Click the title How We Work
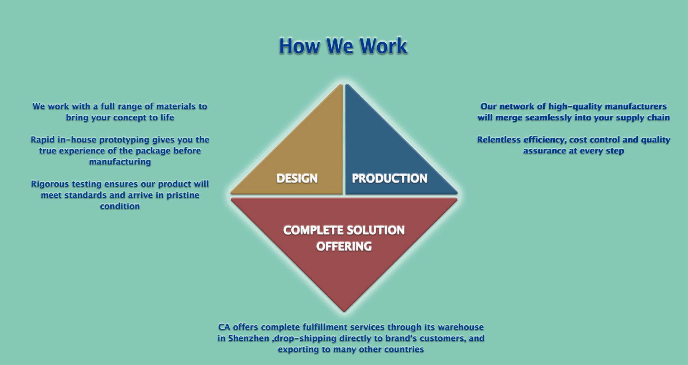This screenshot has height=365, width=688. click(343, 46)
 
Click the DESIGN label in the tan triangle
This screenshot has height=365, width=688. click(297, 178)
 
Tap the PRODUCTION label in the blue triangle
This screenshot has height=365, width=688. click(390, 178)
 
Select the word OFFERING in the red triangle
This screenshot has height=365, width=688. click(344, 246)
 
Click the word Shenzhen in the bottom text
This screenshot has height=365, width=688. click(249, 338)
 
